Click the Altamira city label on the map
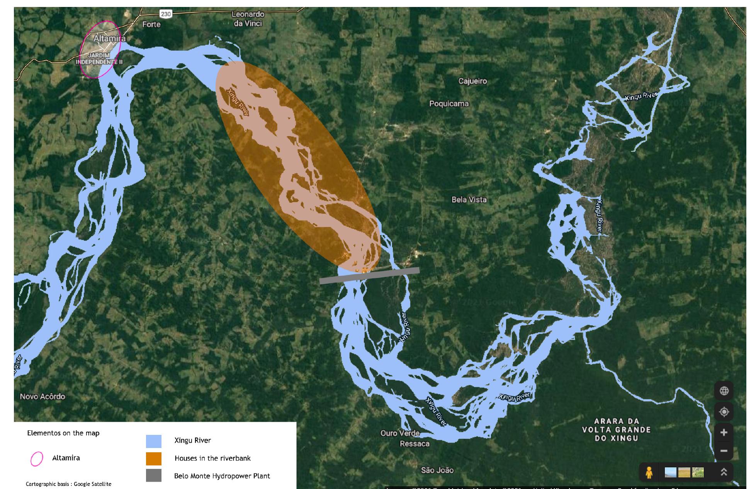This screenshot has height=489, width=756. click(109, 39)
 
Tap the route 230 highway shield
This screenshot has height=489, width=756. click(166, 14)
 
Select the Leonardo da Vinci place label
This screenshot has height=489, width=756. click(248, 19)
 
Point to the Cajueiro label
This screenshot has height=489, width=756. click(472, 81)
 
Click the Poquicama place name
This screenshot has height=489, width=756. click(449, 104)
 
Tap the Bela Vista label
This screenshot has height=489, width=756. click(469, 200)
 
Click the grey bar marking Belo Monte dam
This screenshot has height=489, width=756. click(369, 276)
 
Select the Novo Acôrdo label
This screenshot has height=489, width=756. click(42, 396)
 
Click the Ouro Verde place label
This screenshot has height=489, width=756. click(400, 433)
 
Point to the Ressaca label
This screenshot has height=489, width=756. click(415, 444)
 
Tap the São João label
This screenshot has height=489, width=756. click(437, 470)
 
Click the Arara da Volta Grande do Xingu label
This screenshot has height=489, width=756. click(616, 429)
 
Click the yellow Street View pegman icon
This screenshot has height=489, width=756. click(649, 472)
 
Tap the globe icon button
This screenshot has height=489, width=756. click(724, 391)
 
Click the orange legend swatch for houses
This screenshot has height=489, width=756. click(153, 458)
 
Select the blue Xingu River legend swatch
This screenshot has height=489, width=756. click(153, 441)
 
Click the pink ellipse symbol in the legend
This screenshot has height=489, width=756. click(37, 459)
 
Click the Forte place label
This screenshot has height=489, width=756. click(151, 24)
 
